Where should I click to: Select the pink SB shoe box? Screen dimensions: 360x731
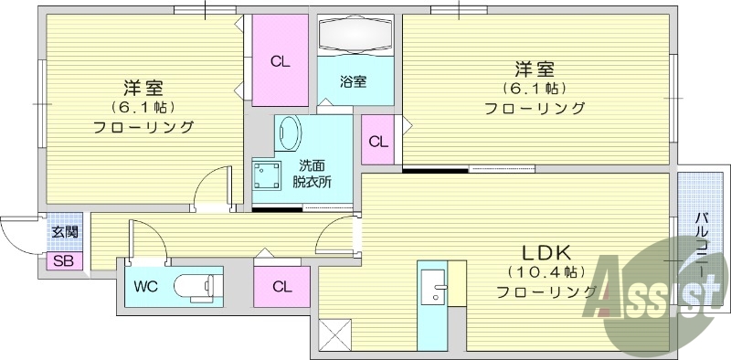[64, 261]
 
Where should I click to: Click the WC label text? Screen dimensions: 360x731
[146, 286]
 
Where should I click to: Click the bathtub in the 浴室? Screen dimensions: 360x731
[355, 38]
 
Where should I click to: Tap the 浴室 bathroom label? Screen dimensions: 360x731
[355, 81]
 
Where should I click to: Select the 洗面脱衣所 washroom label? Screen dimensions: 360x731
[312, 174]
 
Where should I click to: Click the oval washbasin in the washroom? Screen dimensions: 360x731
[289, 133]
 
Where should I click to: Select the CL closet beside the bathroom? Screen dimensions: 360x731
[280, 63]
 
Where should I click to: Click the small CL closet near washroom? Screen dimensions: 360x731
[377, 142]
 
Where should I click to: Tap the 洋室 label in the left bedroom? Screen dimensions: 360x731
[143, 89]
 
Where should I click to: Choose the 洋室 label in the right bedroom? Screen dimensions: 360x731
[535, 69]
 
